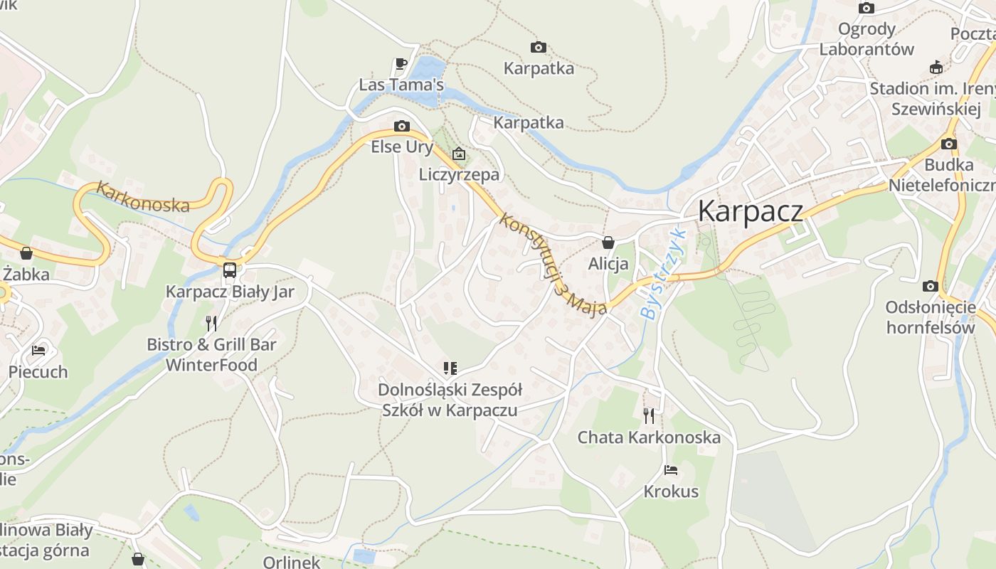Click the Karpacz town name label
[x=750, y=212]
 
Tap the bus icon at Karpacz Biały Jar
[x=230, y=270]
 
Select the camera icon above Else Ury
[x=402, y=127]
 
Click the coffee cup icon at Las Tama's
[x=401, y=63]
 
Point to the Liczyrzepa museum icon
[x=459, y=153]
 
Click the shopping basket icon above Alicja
[x=608, y=242]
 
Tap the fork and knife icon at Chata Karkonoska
[x=649, y=415]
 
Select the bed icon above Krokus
[x=671, y=470]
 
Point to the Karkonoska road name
[x=143, y=197]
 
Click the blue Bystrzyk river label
[x=662, y=273]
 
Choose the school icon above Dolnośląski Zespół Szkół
[x=450, y=368]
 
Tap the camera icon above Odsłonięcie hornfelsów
[x=930, y=286]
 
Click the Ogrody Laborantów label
[x=866, y=39]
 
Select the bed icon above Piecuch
[x=38, y=350]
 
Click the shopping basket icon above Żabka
[x=26, y=253]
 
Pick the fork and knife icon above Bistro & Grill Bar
[x=211, y=324]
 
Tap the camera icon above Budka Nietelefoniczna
[x=948, y=144]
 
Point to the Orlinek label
[x=292, y=562]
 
